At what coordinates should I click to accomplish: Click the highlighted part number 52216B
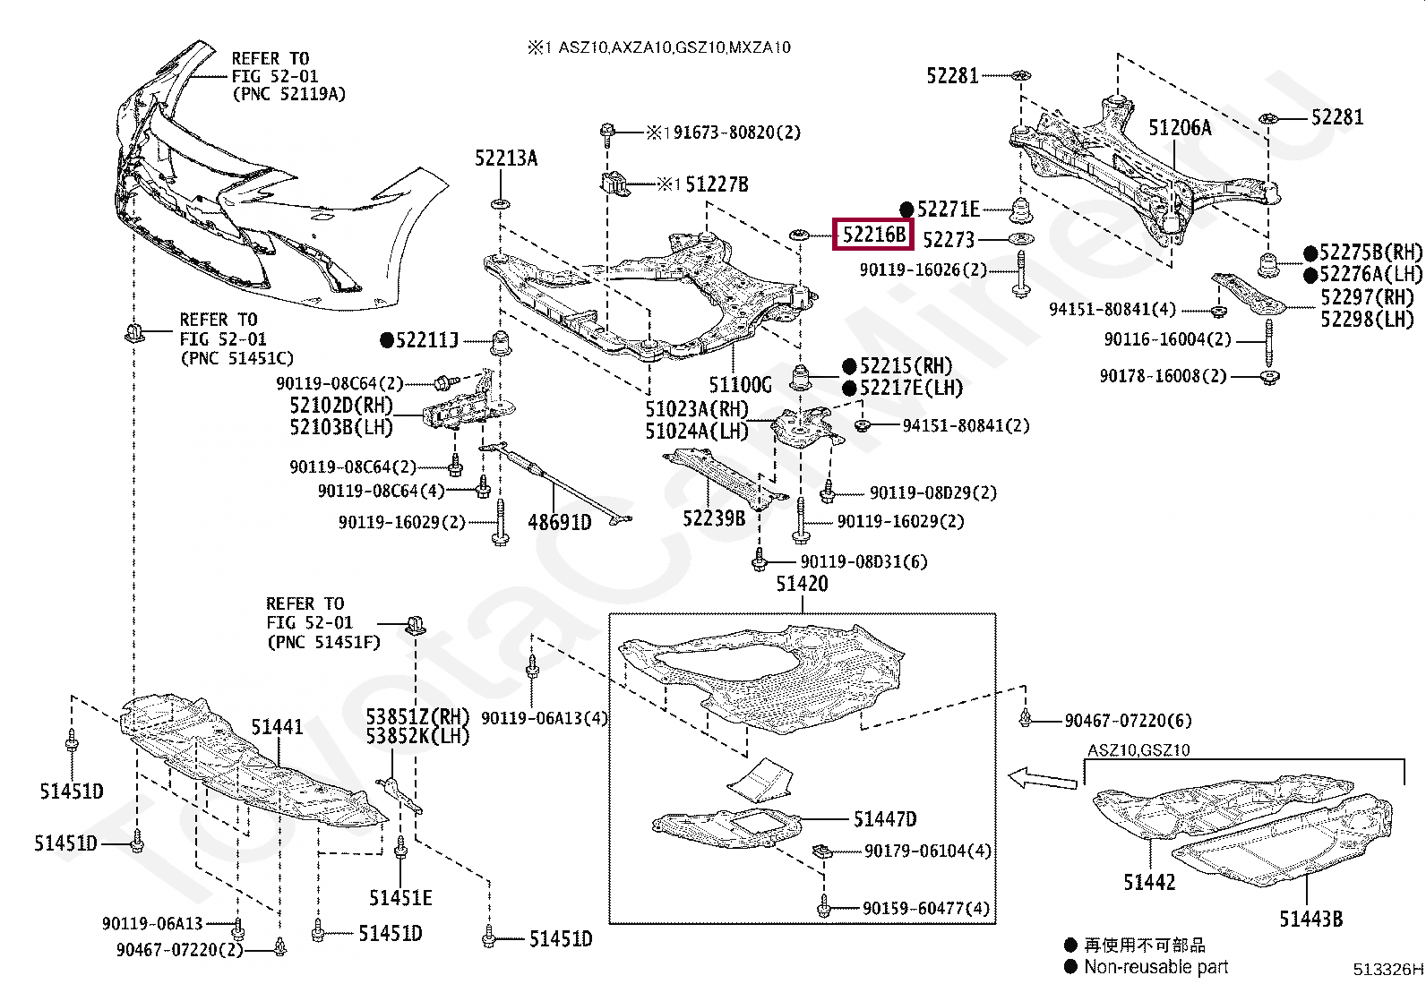[x=873, y=235]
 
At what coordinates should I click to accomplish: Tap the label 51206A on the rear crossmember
[x=1180, y=128]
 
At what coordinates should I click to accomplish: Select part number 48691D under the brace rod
[x=560, y=523]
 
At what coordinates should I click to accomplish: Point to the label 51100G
[x=741, y=384]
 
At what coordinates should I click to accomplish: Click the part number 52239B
[x=714, y=518]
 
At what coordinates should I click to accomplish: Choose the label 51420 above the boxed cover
[x=803, y=583]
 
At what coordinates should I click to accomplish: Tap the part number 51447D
[x=885, y=819]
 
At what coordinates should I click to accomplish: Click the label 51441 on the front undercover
[x=277, y=727]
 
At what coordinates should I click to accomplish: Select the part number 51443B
[x=1311, y=919]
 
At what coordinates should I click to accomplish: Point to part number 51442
[x=1149, y=882]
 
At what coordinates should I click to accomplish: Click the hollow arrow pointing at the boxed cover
[x=1043, y=778]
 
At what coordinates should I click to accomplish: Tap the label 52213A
[x=506, y=158]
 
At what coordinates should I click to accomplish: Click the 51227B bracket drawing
[x=614, y=183]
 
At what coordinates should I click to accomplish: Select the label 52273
[x=949, y=240]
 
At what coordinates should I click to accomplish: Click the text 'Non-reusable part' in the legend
[x=1156, y=967]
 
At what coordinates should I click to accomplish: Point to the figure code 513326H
[x=1387, y=970]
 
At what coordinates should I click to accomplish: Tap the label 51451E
[x=400, y=898]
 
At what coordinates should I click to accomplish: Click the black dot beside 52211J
[x=386, y=340]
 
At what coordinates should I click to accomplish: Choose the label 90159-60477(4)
[x=926, y=908]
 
